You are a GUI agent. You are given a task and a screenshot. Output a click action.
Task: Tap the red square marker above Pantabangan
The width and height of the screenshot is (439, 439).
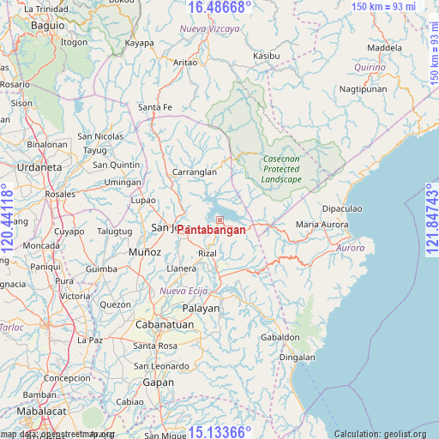click(219, 219)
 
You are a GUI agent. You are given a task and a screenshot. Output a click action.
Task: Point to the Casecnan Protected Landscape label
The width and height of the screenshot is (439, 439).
click(281, 169)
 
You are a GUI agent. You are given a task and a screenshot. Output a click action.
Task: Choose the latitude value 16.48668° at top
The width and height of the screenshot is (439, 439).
click(219, 8)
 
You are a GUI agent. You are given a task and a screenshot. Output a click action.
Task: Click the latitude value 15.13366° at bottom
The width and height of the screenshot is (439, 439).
click(219, 431)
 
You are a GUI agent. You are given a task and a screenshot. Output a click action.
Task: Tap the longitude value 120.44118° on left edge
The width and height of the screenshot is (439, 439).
click(8, 219)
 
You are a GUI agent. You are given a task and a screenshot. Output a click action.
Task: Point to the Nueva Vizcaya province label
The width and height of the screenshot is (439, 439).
click(210, 29)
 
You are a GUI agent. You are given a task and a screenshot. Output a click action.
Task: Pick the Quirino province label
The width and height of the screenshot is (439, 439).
click(370, 66)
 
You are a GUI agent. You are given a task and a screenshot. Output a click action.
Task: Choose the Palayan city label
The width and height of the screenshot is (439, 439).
click(201, 308)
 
